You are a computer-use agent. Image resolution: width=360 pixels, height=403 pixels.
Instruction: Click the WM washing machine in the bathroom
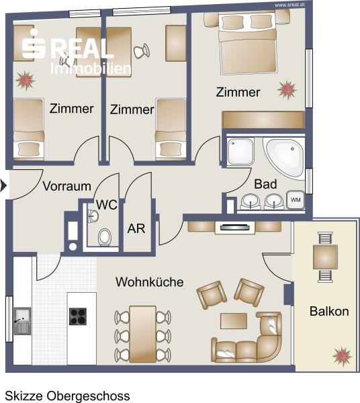point(296,199)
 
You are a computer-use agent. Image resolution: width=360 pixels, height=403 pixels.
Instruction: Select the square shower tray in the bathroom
point(240,151)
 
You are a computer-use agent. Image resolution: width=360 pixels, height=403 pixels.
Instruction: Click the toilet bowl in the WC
point(105,236)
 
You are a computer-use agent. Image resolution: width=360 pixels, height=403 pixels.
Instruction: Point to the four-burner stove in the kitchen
point(78,316)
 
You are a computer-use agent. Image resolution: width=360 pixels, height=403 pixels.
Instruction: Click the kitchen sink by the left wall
point(22,321)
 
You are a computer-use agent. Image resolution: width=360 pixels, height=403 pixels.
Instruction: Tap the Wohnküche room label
point(150,282)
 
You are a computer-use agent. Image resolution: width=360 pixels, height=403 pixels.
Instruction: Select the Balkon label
point(329,311)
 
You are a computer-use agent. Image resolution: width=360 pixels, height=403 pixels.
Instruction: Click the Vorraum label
point(66,186)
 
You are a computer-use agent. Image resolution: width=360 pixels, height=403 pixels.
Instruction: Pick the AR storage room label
point(136,228)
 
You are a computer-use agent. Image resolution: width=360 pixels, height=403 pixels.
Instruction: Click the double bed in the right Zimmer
point(249,44)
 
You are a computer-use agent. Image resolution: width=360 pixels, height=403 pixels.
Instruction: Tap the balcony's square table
point(325,257)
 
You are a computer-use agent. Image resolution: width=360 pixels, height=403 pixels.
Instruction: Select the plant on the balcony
point(342,357)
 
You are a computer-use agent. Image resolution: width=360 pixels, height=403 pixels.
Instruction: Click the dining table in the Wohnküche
point(142,334)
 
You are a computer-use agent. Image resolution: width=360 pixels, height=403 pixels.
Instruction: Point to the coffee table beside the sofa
point(234,321)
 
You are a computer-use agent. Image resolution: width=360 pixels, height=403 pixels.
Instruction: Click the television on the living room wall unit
point(235,228)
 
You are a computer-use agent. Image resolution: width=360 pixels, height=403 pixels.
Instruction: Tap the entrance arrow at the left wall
point(3,186)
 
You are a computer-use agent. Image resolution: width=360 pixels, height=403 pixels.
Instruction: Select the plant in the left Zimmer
point(25,81)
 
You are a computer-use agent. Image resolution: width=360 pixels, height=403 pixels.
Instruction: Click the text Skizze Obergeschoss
point(67,396)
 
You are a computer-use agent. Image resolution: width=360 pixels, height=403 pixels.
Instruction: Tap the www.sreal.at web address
point(290,5)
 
